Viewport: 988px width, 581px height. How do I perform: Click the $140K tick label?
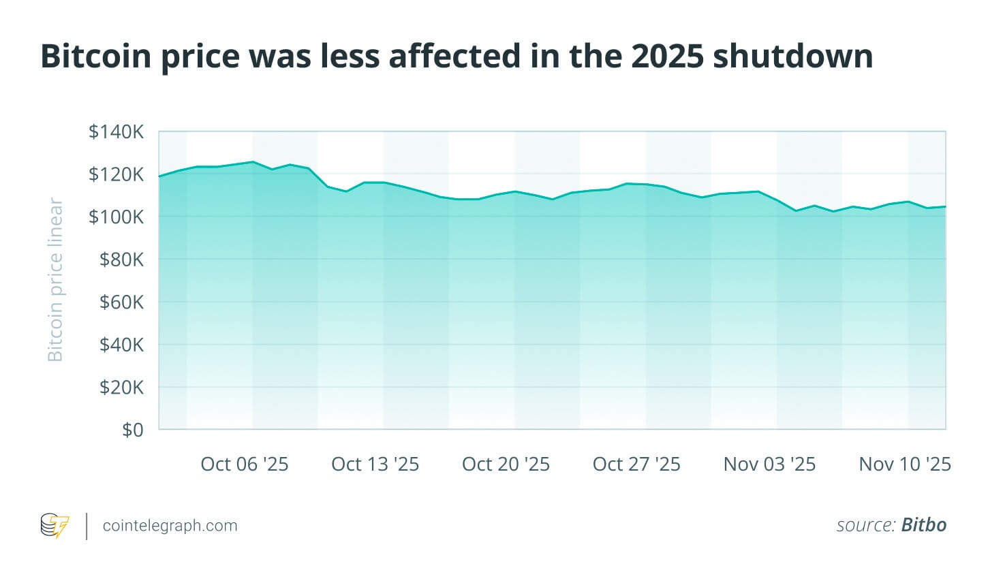[116, 131]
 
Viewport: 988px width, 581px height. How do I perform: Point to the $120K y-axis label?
[116, 174]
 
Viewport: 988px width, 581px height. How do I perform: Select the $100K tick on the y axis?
[116, 217]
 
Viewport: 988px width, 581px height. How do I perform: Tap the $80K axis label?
[121, 260]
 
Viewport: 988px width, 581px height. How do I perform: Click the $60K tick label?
[121, 302]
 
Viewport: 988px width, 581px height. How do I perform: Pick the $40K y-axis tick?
[121, 345]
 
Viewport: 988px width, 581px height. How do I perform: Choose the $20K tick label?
[121, 388]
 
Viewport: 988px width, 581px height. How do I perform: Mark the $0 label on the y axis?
[132, 430]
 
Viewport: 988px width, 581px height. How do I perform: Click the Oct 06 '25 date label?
[244, 465]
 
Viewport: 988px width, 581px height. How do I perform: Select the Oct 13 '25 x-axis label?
[375, 465]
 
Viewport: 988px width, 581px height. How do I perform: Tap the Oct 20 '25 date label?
[506, 465]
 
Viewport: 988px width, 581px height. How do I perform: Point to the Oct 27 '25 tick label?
[636, 465]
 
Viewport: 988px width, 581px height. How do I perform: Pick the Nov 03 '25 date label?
[769, 465]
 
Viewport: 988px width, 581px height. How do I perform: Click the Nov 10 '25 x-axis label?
[904, 465]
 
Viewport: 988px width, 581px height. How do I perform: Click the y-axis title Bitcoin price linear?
[55, 280]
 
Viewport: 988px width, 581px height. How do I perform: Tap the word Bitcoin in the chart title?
[95, 56]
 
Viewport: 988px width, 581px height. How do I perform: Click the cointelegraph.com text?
[170, 526]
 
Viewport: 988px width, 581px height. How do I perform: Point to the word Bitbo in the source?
[923, 525]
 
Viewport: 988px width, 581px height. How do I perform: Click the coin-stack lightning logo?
[55, 526]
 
